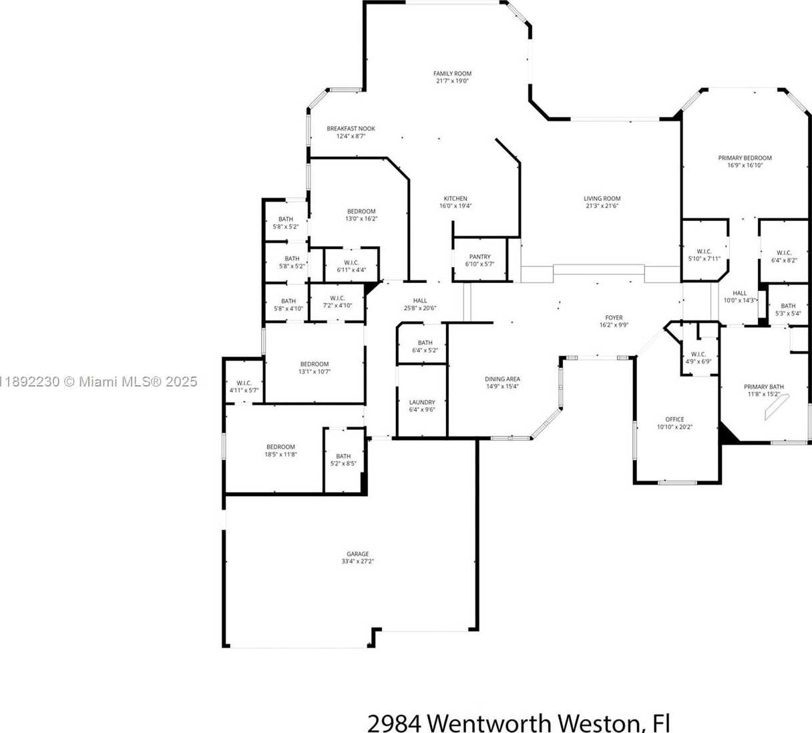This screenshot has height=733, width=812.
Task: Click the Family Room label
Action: (452, 73)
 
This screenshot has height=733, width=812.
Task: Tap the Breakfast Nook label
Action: (351, 128)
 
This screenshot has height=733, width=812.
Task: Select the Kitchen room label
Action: (455, 198)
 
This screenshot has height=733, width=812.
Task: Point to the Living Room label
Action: (602, 198)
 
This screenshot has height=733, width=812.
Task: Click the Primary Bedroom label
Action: (745, 158)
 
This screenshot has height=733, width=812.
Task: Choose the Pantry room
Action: (479, 260)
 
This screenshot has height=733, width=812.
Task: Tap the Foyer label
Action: (614, 317)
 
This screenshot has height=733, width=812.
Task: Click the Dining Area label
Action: (502, 379)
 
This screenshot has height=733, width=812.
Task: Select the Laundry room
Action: (422, 401)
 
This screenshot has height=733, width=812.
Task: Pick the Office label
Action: (674, 419)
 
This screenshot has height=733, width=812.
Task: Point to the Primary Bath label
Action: (764, 387)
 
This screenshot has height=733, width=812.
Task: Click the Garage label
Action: (357, 553)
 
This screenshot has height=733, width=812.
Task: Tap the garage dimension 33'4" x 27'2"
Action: (357, 561)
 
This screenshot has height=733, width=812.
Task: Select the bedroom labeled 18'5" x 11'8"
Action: (280, 450)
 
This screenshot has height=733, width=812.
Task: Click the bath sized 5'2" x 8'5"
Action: (343, 460)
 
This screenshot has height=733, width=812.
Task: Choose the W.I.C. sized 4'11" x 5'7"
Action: (244, 387)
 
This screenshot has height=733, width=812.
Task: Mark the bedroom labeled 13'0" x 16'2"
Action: (361, 215)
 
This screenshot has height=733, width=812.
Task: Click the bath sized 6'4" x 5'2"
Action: (425, 346)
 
